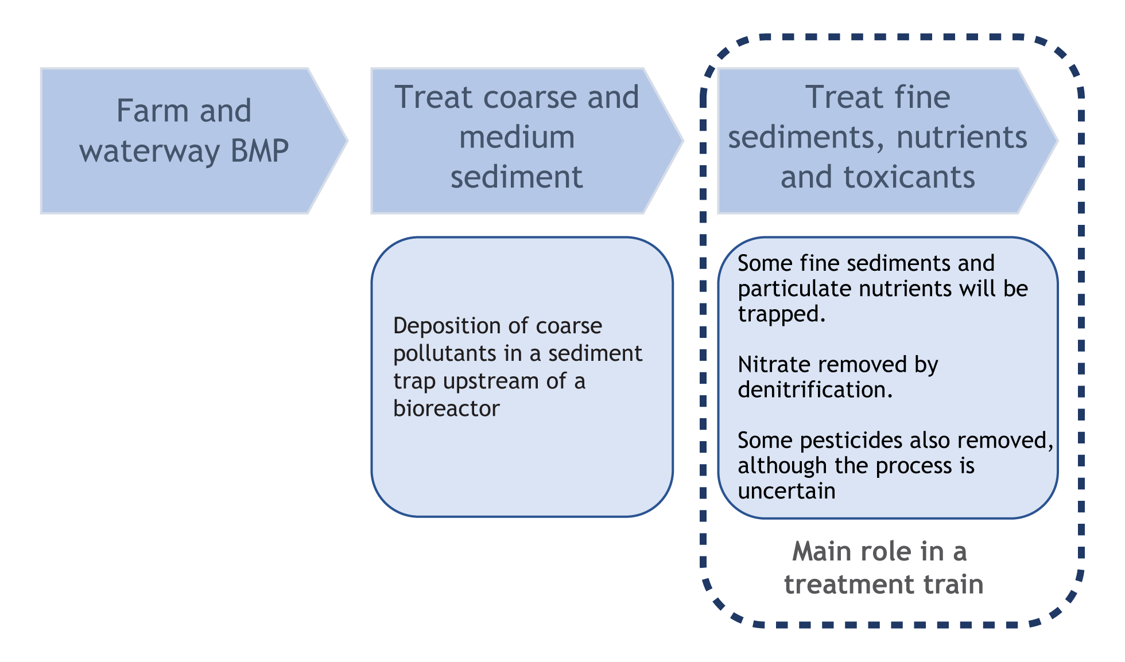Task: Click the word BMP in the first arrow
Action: click(259, 151)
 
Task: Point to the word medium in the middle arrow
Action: click(517, 137)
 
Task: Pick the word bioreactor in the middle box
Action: click(446, 408)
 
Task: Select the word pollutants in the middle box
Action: click(445, 354)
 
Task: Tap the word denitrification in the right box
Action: click(814, 390)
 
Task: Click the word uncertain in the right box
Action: click(786, 491)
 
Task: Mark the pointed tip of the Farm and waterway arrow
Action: click(347, 141)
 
